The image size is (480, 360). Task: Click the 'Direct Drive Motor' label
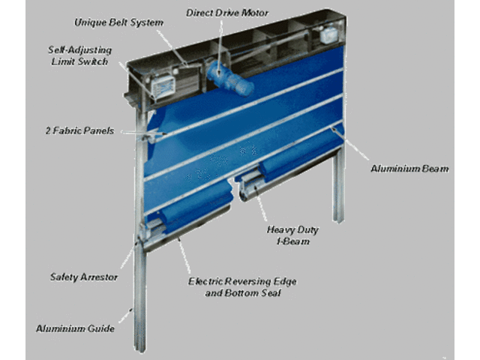click(227, 13)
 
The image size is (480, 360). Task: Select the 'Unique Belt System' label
click(118, 22)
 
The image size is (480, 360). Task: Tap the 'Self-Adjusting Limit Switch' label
click(80, 55)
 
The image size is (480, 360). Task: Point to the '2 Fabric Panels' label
click(80, 130)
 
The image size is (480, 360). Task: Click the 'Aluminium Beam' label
click(409, 169)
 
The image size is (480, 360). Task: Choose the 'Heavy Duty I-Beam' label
click(292, 235)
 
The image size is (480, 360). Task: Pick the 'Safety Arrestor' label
click(84, 277)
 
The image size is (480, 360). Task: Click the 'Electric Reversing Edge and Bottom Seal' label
click(242, 287)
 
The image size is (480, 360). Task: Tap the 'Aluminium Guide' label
click(75, 328)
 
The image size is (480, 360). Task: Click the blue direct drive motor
click(230, 78)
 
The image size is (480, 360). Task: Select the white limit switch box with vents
click(163, 87)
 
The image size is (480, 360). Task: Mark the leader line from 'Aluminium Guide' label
click(126, 316)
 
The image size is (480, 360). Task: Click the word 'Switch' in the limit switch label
click(93, 61)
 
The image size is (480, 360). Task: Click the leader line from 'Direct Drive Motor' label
click(220, 46)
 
